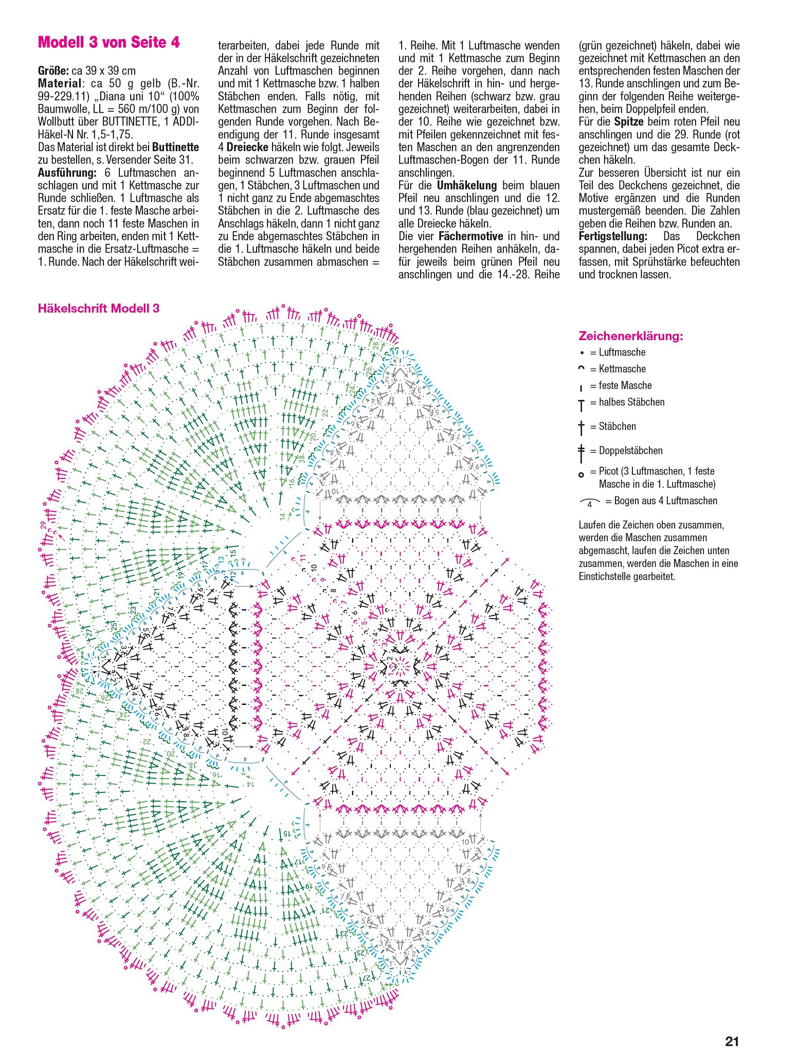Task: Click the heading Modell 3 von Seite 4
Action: pos(108,42)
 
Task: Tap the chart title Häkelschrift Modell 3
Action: pos(99,308)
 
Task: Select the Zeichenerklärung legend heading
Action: pos(631,336)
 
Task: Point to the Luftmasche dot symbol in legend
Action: pos(582,353)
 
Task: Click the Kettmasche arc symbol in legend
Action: pos(582,368)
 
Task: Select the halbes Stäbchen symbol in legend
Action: pos(582,405)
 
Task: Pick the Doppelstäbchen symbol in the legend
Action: pos(582,452)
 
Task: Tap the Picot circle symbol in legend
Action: pos(582,474)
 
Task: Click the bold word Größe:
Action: pos(53,70)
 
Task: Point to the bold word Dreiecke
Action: pos(247,147)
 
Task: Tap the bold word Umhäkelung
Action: pos(467,185)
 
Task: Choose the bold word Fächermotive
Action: pos(470,236)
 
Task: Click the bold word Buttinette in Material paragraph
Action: pos(175,147)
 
